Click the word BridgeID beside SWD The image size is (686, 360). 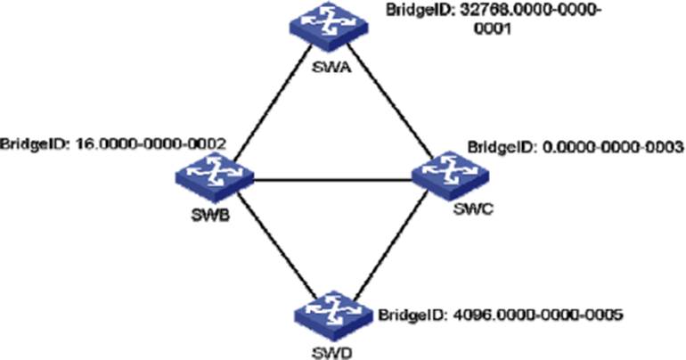click(407, 315)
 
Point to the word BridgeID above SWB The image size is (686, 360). click(30, 143)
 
